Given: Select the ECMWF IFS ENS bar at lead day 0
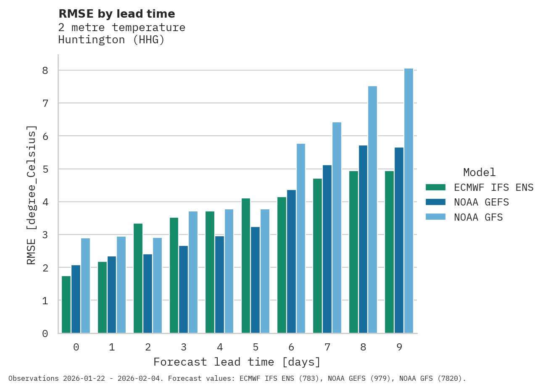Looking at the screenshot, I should click(66, 305).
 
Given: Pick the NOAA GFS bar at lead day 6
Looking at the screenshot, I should click(301, 238).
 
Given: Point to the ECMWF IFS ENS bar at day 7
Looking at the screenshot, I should click(317, 256).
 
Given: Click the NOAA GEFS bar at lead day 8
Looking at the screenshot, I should click(363, 239).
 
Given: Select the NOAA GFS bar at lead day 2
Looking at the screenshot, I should click(157, 285).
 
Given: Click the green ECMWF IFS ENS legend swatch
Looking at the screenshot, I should click(435, 187).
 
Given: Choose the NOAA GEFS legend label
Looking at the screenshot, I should click(481, 203).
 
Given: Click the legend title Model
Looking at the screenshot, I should click(479, 172).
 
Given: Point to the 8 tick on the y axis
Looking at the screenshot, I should click(45, 71).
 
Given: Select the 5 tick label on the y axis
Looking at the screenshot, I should click(45, 169).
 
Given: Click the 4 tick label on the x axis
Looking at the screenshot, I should click(220, 348).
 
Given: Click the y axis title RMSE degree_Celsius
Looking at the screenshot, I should click(32, 195).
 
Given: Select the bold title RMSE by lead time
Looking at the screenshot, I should click(116, 14).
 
